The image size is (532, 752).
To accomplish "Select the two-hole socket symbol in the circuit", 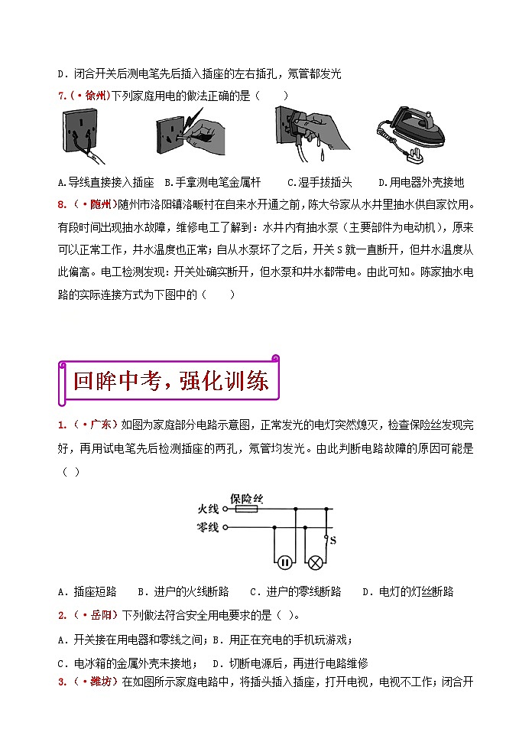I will [284, 562].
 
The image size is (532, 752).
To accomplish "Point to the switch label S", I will [333, 543].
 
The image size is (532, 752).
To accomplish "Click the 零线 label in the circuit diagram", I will [208, 527].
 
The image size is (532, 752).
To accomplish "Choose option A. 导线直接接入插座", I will [105, 183].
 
